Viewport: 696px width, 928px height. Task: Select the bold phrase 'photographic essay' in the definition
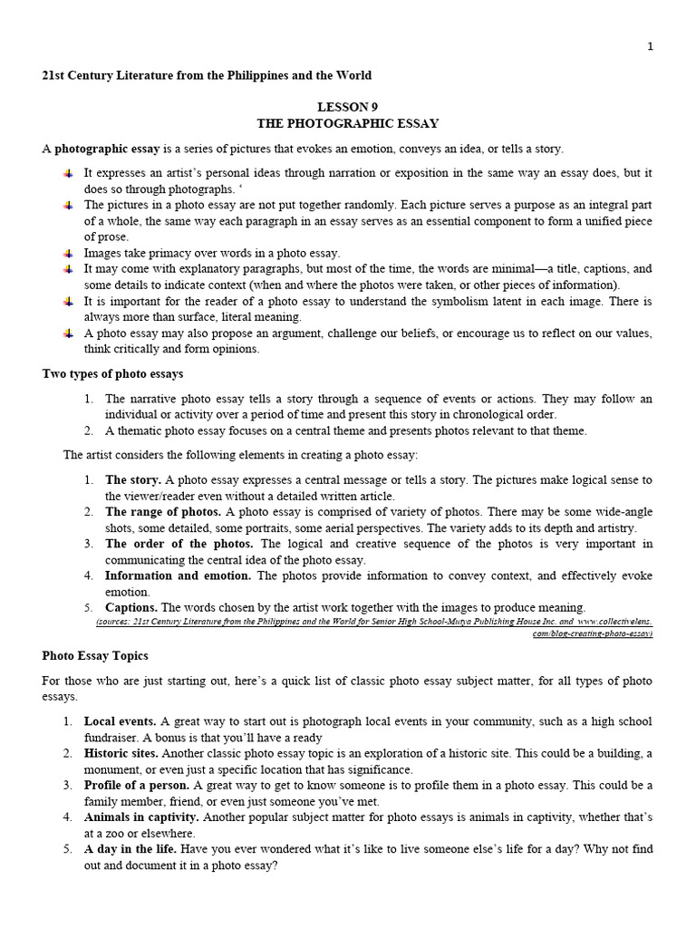108,149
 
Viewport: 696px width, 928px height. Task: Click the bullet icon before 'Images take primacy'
68,254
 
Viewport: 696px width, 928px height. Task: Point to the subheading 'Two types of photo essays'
112,373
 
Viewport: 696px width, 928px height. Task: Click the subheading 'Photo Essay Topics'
95,655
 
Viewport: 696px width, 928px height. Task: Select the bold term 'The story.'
133,479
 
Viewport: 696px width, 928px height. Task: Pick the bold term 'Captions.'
131,607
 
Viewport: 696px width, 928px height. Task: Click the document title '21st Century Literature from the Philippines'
207,75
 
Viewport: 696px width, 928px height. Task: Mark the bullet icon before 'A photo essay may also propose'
68,333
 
